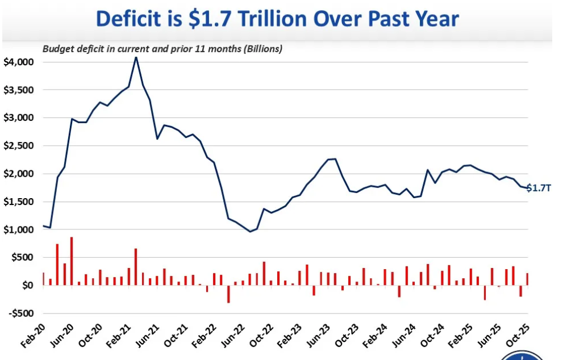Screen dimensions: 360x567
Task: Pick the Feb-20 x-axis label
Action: coord(33,336)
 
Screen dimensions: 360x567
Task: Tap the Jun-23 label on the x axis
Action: coord(317,336)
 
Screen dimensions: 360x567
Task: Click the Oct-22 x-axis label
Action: coord(260,336)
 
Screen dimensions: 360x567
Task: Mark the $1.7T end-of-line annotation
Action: coord(539,188)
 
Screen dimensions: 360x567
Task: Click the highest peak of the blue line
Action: coord(136,57)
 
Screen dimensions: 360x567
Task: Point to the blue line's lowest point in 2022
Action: coord(250,231)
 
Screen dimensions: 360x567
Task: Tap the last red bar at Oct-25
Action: coord(527,279)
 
